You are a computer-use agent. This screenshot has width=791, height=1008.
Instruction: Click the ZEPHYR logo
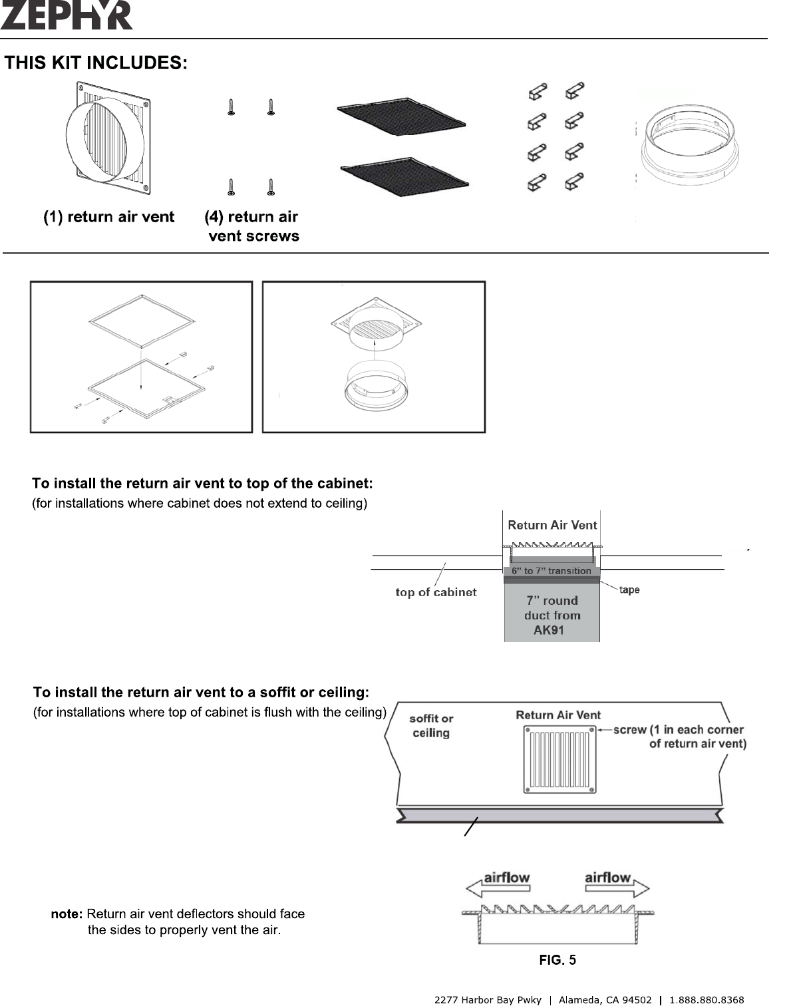67,15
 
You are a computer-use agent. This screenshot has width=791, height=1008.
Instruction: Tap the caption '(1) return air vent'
109,217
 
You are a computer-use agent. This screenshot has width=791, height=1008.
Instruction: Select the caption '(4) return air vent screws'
253,226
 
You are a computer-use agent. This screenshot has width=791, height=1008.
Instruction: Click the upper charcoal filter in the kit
401,119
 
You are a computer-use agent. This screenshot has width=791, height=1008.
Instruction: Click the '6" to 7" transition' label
552,571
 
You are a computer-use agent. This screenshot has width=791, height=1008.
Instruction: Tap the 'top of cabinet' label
436,592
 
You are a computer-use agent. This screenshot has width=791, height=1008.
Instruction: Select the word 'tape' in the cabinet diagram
629,590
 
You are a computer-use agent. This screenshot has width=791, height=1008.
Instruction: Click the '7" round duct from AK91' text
552,615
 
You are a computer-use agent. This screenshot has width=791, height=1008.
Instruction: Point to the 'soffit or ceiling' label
431,726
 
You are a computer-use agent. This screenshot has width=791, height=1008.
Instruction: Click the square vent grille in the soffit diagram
559,760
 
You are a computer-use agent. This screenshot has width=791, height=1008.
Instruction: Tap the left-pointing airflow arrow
499,884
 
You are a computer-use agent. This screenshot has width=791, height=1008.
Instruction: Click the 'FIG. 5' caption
557,960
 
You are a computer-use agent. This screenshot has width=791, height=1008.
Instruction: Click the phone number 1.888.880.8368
707,1000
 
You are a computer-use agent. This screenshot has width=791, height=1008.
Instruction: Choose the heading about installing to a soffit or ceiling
201,693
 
